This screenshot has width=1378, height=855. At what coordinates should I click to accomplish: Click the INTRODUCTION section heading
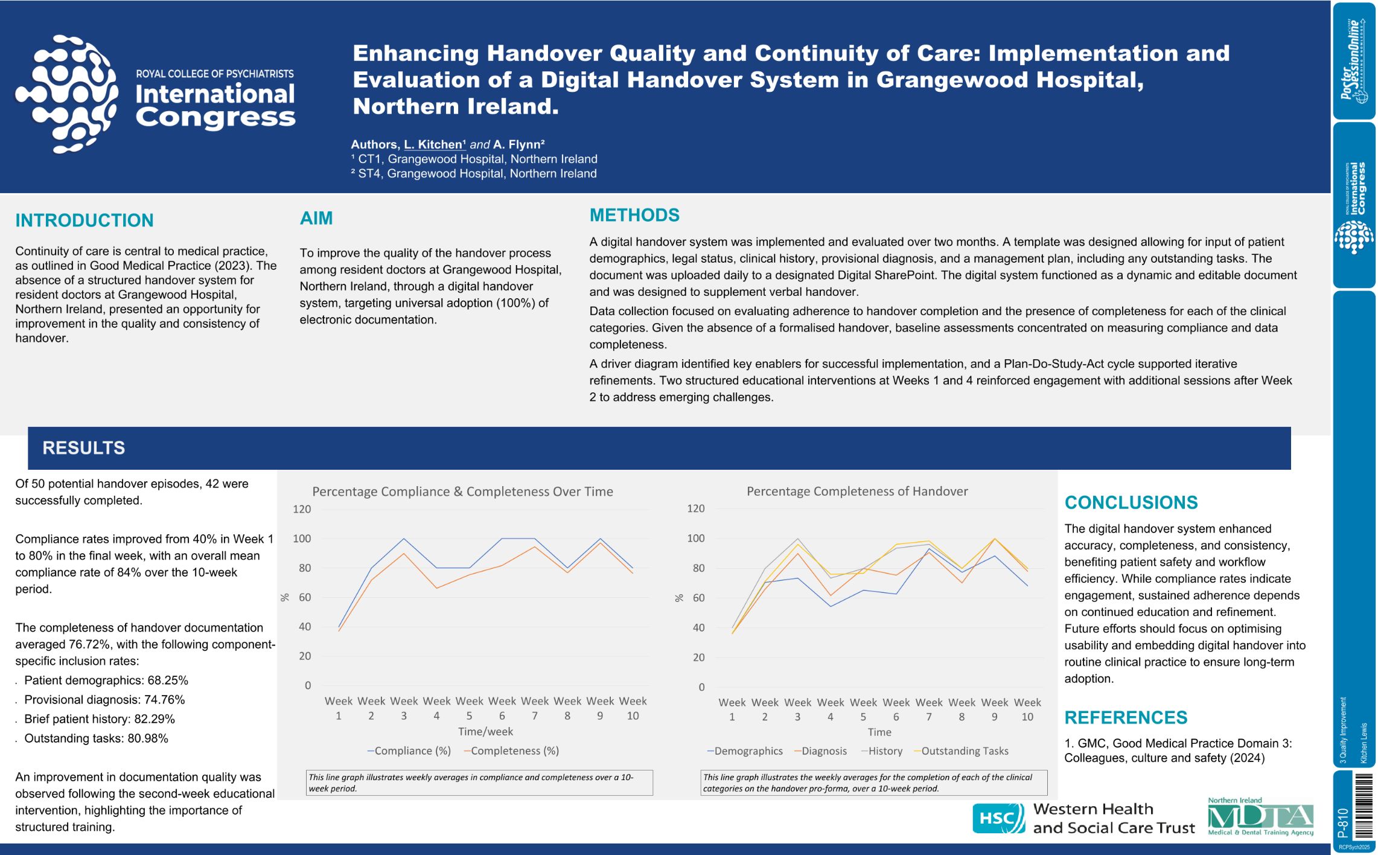pos(85,220)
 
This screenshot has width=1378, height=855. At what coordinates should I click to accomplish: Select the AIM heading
pos(316,218)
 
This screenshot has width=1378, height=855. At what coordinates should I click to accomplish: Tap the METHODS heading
pos(634,215)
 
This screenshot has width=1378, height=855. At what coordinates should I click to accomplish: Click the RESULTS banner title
pos(84,448)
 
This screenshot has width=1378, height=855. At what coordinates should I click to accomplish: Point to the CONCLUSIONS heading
pos(1131,502)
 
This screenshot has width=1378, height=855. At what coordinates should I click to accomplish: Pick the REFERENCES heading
pos(1126,717)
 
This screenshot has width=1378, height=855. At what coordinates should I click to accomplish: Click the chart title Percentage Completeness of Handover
pos(857,492)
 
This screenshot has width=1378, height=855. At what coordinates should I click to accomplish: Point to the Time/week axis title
pos(485,731)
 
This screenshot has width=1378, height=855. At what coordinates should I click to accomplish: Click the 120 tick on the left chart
pos(302,509)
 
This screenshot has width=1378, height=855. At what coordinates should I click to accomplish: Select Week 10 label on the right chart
pos(1027,709)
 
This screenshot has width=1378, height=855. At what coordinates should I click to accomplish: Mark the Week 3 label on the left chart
pos(404,708)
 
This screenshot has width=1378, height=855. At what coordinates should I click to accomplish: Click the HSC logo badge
pos(998,818)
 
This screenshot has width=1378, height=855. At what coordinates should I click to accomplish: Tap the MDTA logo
pos(1260,818)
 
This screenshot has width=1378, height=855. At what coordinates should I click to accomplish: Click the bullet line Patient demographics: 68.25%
pos(106,680)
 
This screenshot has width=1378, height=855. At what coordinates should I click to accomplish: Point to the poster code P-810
pos(1343,822)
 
